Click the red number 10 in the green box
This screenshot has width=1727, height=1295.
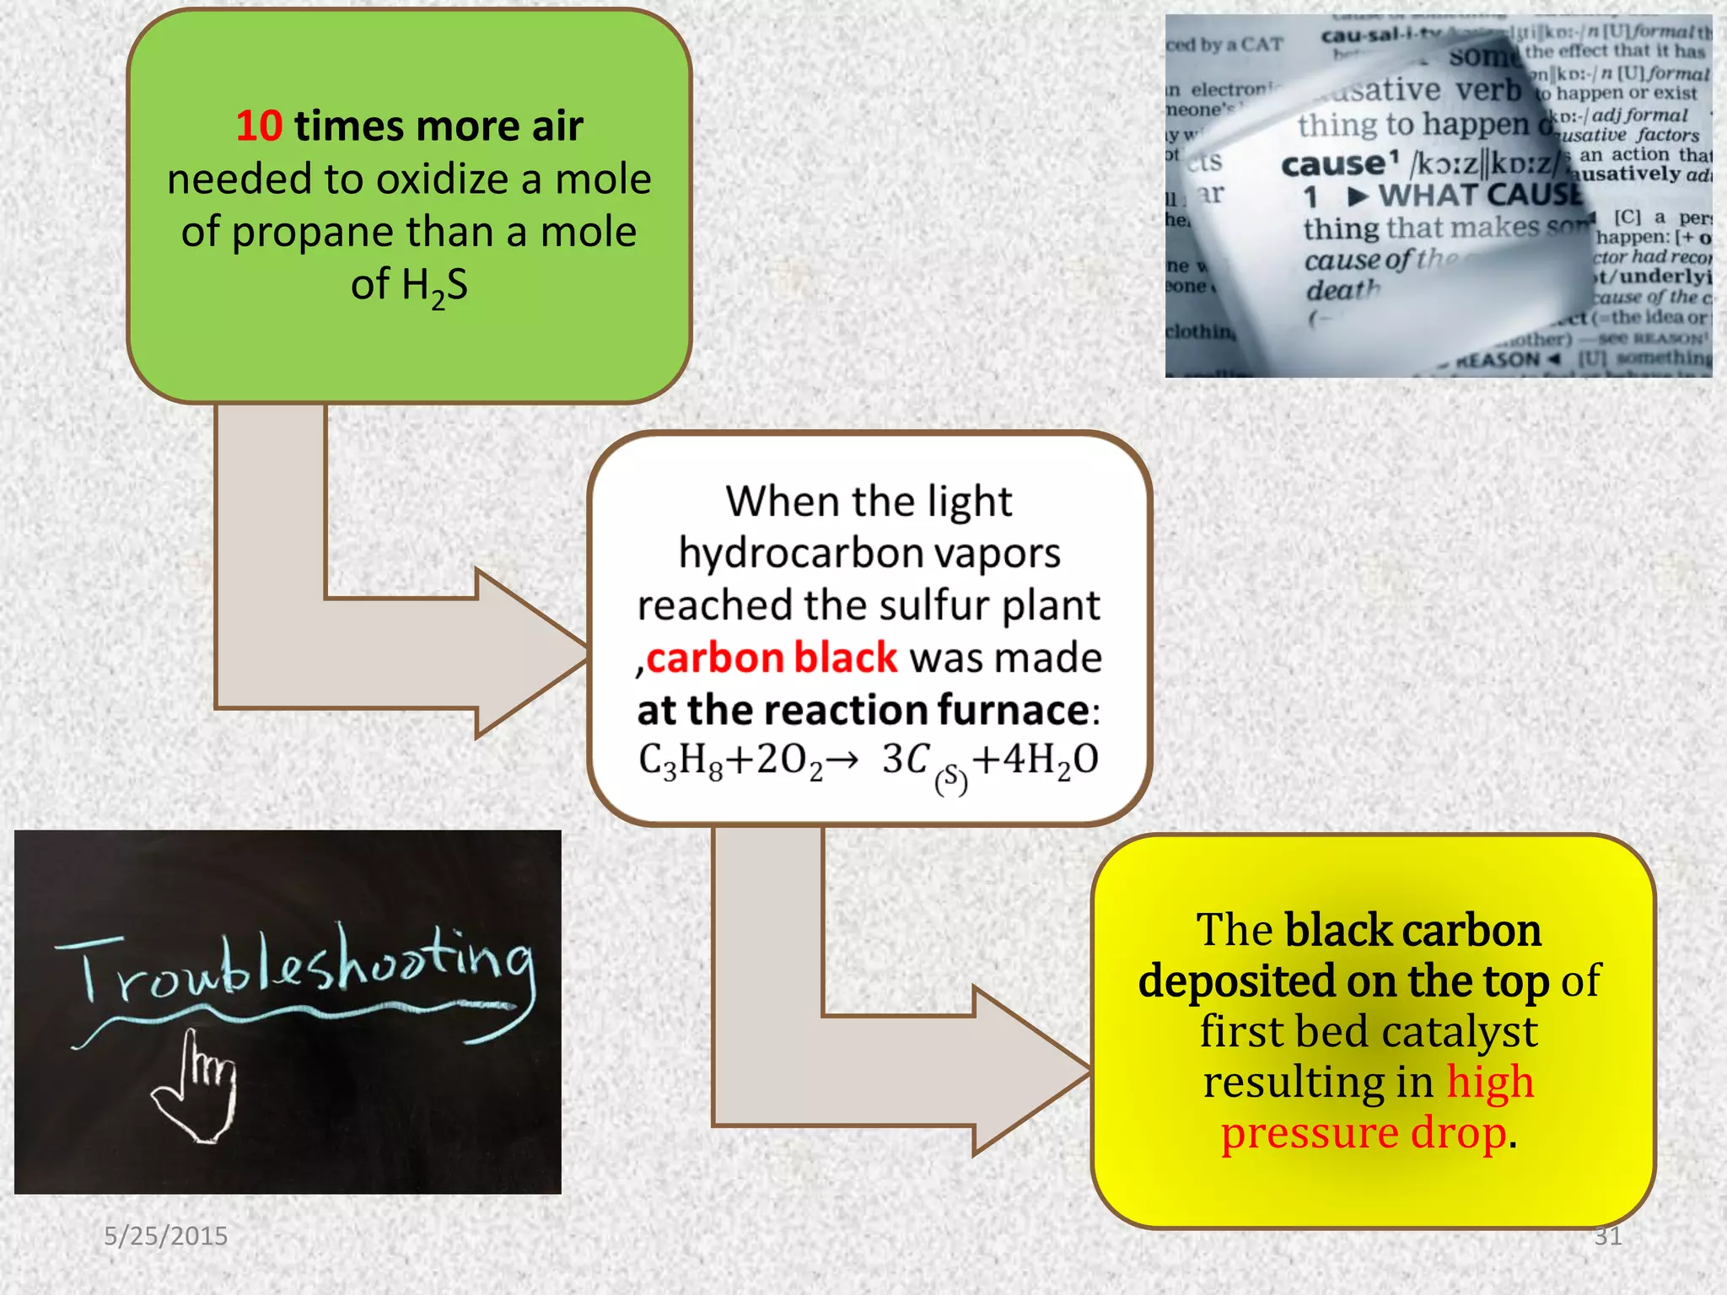coord(259,126)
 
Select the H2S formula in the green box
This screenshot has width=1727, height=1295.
coord(410,286)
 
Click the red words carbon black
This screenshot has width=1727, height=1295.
coord(772,658)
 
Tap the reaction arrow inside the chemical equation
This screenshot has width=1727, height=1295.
coord(841,760)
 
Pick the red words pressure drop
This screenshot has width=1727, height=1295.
coord(1364,1133)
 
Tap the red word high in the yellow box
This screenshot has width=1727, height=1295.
coord(1490,1083)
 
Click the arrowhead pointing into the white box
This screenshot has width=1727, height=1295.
coord(531,653)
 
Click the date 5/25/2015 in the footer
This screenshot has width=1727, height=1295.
coord(166,1236)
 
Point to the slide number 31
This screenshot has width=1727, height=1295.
coord(1607,1236)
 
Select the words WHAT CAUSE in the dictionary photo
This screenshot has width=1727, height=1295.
coord(1480,196)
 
